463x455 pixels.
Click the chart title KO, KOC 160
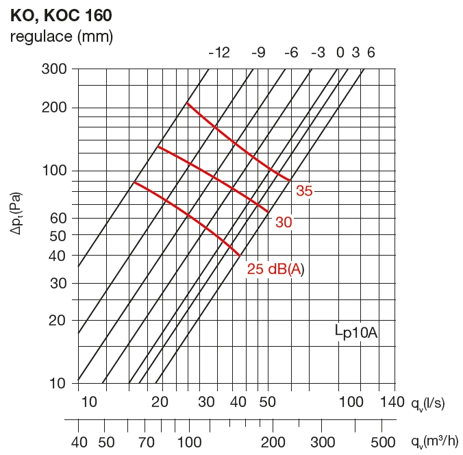[62, 14]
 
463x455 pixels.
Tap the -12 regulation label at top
[218, 53]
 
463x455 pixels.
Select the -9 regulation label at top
[258, 53]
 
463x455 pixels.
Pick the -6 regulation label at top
[290, 53]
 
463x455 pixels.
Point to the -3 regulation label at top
[318, 53]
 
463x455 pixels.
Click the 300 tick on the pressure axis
[53, 69]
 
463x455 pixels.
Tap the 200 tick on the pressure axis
[53, 108]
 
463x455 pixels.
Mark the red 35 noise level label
[304, 191]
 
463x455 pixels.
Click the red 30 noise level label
[284, 222]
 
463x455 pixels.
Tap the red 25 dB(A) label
[275, 269]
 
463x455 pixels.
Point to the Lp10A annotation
[356, 333]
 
